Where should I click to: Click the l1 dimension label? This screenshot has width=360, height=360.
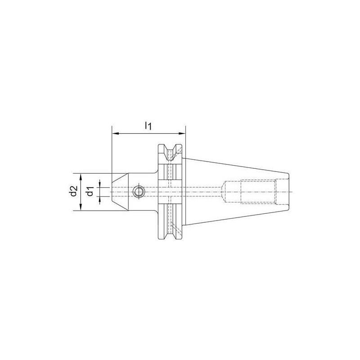[x=148, y=126]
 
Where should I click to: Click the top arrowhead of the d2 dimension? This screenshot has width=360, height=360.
[x=81, y=175]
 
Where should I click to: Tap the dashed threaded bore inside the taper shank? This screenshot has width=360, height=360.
[x=256, y=192]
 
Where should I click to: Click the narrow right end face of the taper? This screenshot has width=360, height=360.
[x=287, y=192]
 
